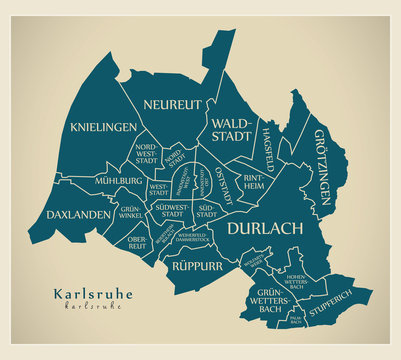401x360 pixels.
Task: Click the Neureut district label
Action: pyautogui.click(x=172, y=104)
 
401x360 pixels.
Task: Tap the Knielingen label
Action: pyautogui.click(x=104, y=127)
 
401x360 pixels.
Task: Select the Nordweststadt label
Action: pyautogui.click(x=146, y=153)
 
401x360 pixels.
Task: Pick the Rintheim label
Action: pyautogui.click(x=253, y=178)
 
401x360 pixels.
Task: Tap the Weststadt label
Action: pyautogui.click(x=158, y=188)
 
